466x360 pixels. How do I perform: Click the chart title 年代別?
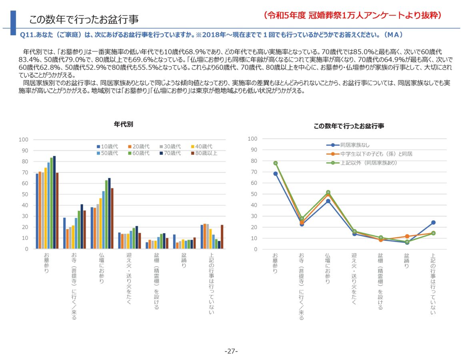point(123,124)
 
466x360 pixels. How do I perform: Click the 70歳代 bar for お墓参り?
point(54,202)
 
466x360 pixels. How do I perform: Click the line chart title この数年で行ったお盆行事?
point(349,126)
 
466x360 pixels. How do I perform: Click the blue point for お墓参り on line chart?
point(276,174)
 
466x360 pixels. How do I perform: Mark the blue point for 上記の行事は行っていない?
point(433,222)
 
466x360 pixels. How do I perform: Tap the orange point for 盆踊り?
point(407,236)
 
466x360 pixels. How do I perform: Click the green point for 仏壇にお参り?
point(328,192)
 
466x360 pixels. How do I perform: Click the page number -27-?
point(231,351)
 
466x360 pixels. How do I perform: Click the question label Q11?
point(27,35)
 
